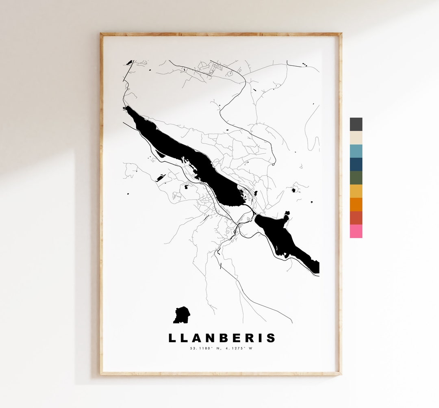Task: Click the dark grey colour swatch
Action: [x=356, y=124]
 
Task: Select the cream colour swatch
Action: [x=356, y=138]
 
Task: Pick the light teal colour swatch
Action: [x=356, y=151]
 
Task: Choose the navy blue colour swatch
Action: [x=356, y=165]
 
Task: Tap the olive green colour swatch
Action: [x=356, y=178]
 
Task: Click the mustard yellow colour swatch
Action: [x=356, y=191]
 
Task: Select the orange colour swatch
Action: [x=356, y=204]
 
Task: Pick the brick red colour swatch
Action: [x=356, y=218]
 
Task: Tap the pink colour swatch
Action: [x=356, y=231]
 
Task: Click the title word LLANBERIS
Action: [x=222, y=338]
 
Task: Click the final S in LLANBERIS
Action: [x=271, y=338]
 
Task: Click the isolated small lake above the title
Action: [x=181, y=315]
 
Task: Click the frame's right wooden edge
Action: [x=340, y=203]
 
